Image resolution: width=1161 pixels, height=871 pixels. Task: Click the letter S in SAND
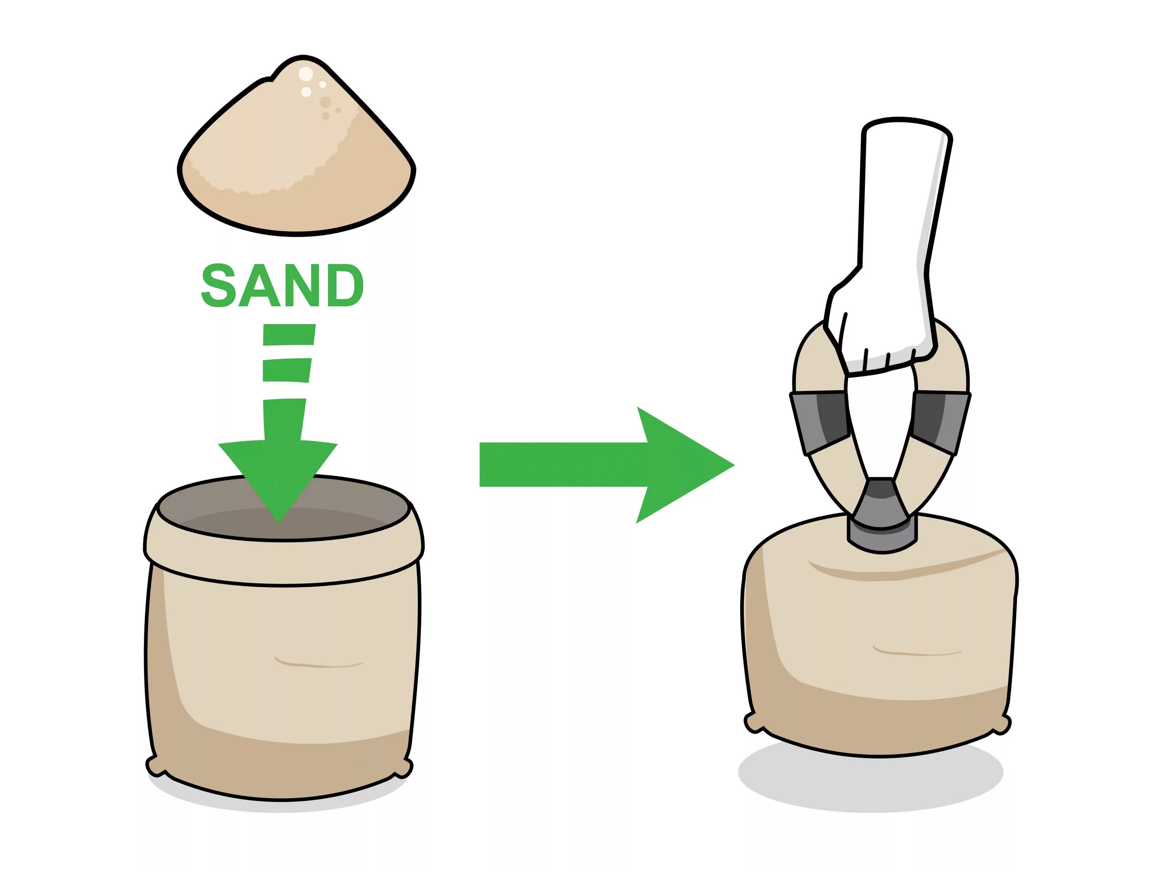pyautogui.click(x=218, y=286)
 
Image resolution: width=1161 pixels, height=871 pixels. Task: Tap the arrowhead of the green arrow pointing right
pyautogui.click(x=682, y=465)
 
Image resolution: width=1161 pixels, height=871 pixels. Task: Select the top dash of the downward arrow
pyautogui.click(x=289, y=334)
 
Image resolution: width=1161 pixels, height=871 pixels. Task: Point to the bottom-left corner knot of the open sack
pyautogui.click(x=156, y=766)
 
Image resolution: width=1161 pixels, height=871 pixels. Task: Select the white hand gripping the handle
pyautogui.click(x=887, y=273)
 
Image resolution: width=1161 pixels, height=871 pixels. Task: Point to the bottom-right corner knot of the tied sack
pyautogui.click(x=1000, y=725)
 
